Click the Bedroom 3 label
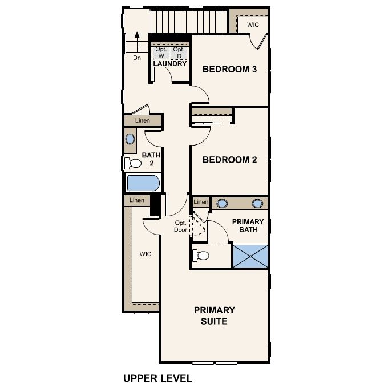[x=229, y=69]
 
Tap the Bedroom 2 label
[x=229, y=160]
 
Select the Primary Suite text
[x=214, y=316]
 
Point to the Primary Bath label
[x=248, y=225]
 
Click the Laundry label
[x=170, y=64]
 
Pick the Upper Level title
[x=157, y=378]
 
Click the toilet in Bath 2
[x=133, y=164]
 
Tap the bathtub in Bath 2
[x=143, y=183]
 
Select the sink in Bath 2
[x=130, y=139]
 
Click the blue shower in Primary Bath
[x=250, y=256]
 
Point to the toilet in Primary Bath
[x=201, y=256]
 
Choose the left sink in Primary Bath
[x=222, y=204]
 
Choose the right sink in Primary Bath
[x=257, y=204]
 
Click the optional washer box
[x=161, y=52]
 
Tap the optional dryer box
[x=179, y=52]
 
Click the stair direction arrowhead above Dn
[x=137, y=35]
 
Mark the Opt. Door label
[x=180, y=227]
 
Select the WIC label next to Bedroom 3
[x=253, y=25]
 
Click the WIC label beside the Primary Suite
[x=146, y=254]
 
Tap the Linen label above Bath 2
[x=143, y=120]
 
